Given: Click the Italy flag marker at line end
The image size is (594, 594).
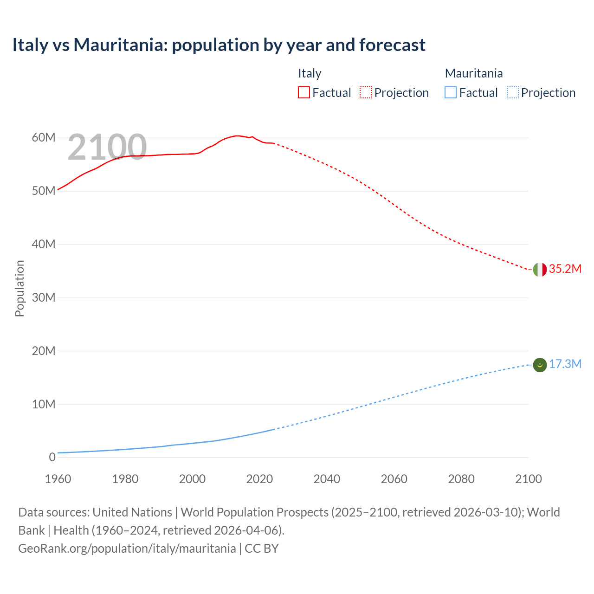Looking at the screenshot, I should [540, 269].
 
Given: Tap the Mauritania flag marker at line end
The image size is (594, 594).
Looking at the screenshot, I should [540, 365].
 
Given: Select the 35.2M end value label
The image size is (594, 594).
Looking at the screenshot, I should [565, 269].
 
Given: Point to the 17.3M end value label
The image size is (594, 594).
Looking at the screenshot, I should [565, 364].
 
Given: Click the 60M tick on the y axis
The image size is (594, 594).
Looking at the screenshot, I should [44, 138].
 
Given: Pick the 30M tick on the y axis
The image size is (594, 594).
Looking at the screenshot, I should [44, 297].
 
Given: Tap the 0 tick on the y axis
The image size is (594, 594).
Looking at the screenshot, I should [52, 457].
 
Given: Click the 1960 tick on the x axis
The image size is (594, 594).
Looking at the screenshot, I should [58, 479].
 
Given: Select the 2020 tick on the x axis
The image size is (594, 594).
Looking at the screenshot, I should [259, 479].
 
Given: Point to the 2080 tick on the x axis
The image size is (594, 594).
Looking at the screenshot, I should [461, 479].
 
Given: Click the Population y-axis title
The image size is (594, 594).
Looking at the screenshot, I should [19, 288].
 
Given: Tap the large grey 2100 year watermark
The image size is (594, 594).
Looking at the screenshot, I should [107, 147].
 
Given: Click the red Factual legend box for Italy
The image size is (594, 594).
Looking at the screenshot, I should [303, 93].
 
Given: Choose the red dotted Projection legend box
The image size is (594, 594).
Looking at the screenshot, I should [366, 93].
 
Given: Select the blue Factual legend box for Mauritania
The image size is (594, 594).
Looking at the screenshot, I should [451, 93].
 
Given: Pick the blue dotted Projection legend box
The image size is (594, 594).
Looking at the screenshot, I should [513, 93].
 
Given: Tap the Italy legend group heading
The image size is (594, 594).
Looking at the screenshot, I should [310, 73].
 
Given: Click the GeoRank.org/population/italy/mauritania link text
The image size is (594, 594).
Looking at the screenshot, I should [127, 549].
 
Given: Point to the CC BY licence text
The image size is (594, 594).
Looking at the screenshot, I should [262, 549].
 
